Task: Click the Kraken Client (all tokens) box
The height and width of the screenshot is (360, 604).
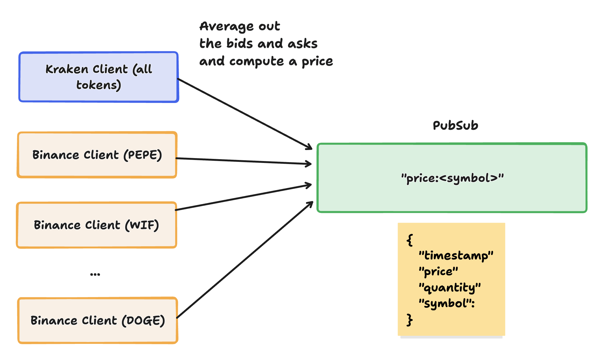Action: tap(99, 77)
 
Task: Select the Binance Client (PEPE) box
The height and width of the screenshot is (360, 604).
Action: tap(97, 155)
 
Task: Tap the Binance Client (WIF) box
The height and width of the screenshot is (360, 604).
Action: tap(96, 225)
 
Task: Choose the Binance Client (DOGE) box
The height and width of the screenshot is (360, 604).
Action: tap(98, 320)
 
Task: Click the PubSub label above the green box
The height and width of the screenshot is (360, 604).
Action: tap(455, 126)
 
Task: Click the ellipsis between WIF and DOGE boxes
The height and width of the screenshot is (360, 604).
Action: tap(95, 274)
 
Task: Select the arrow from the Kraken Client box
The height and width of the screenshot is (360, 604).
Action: tap(245, 114)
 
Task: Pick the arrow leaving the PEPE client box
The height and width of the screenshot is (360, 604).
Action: tap(244, 161)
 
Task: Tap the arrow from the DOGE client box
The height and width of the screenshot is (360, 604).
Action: tap(245, 260)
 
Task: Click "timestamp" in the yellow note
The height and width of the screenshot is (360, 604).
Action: tap(456, 255)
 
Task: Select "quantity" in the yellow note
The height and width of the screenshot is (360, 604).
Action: tap(450, 288)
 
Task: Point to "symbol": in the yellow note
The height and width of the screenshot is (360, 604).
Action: tap(447, 304)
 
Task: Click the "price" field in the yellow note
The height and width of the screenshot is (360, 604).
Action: tap(438, 272)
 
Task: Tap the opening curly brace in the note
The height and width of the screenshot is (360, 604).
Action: tap(410, 240)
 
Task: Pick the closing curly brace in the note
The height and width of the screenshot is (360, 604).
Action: tap(409, 320)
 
